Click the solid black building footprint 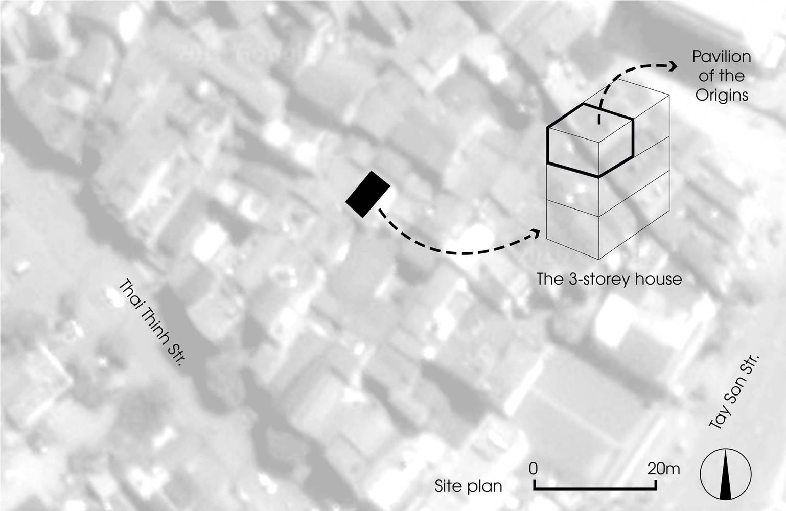[x=367, y=194]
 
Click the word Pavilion [x=721, y=57]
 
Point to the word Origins [x=722, y=95]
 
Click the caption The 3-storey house [x=609, y=280]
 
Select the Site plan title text [x=468, y=486]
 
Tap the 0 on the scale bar [x=533, y=469]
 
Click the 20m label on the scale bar [x=663, y=469]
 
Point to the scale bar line [x=595, y=488]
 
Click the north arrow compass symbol [x=726, y=474]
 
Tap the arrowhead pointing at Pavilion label [x=673, y=66]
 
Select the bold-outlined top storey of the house [x=591, y=141]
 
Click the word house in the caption [x=656, y=280]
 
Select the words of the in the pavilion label [x=722, y=76]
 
